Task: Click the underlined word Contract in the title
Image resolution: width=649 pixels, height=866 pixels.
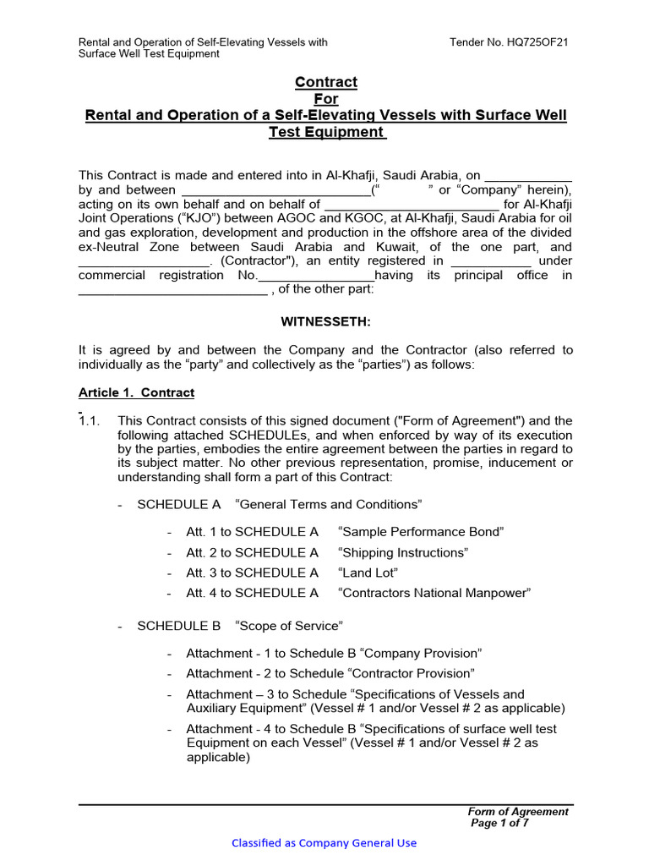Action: tap(325, 82)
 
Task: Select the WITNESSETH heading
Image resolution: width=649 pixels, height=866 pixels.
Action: tap(325, 321)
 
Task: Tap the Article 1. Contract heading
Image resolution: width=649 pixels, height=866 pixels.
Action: tap(136, 392)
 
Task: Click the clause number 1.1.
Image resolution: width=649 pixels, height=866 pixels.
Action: tap(90, 420)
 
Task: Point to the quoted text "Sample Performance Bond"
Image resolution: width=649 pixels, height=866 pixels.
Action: tap(420, 532)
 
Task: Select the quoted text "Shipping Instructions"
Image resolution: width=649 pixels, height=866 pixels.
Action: tap(402, 552)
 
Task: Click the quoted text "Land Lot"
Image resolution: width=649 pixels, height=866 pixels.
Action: tap(368, 573)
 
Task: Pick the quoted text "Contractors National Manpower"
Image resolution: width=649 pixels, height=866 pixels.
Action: tap(434, 593)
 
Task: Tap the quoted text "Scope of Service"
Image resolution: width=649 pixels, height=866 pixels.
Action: tap(288, 626)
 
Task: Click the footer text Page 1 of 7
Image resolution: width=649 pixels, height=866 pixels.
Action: tap(499, 823)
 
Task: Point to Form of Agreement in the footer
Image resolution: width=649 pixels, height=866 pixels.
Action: tap(518, 811)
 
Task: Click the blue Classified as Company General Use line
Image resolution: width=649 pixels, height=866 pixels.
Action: tap(324, 842)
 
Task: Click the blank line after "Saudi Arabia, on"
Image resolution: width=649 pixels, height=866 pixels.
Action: tap(527, 175)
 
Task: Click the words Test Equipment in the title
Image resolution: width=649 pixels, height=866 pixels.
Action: tap(325, 132)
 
